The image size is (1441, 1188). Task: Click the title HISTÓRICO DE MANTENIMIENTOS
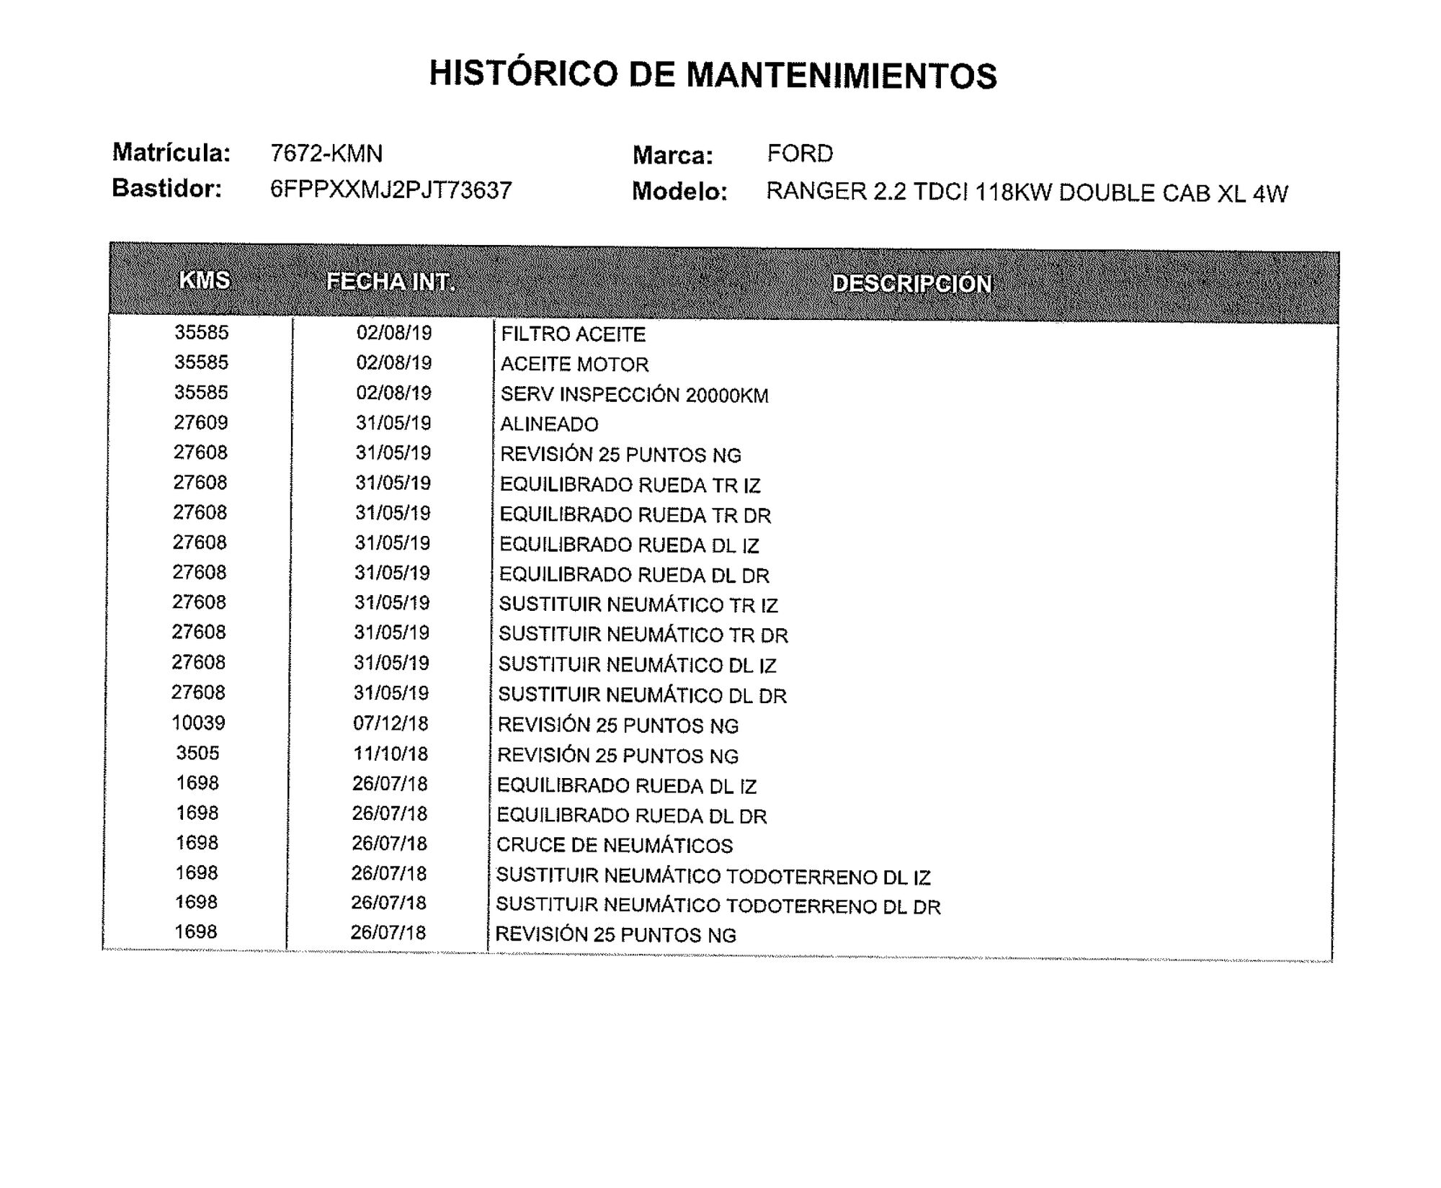point(713,75)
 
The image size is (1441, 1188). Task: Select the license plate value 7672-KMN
point(326,153)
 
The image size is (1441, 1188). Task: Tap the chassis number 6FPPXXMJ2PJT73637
point(391,190)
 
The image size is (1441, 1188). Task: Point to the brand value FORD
point(800,153)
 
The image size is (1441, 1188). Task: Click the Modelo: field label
point(679,192)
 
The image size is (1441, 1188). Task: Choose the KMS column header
point(205,280)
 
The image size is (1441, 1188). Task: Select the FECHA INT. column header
point(391,282)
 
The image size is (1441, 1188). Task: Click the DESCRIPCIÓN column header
point(912,284)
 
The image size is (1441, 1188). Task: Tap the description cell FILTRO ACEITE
point(573,334)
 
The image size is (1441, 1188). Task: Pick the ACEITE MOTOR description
point(574,365)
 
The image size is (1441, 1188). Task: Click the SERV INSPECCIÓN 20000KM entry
point(634,395)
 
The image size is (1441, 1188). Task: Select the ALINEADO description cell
point(549,424)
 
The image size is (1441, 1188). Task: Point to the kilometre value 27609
point(200,422)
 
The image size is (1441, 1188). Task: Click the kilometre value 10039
point(198,723)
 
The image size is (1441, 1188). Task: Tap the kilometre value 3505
point(197,753)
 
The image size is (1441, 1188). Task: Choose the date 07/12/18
point(391,723)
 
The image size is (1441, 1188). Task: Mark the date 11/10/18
point(391,754)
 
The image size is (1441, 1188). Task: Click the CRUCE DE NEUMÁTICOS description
point(614,845)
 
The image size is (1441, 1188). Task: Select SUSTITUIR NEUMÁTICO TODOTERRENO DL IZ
point(713,876)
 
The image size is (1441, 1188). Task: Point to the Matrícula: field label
point(171,153)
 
